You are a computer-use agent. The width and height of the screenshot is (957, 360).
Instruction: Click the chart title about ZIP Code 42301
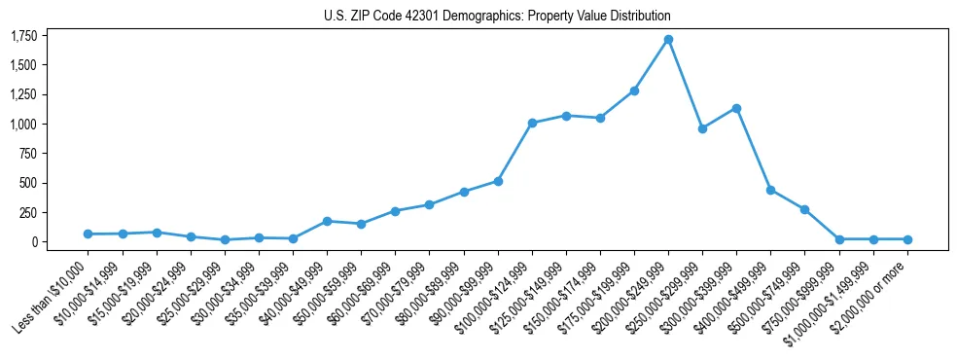point(497,17)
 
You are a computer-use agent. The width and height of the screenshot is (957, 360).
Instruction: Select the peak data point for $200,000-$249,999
point(668,40)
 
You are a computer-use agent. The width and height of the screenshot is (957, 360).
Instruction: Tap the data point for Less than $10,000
point(89,234)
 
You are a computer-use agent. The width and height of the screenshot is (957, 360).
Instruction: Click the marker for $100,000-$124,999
point(532,123)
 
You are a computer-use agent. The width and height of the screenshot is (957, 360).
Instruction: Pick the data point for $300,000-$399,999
point(736,108)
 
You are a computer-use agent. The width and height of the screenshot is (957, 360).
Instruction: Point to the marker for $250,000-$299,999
point(702,128)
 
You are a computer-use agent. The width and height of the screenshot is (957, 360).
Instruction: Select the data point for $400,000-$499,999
point(770,190)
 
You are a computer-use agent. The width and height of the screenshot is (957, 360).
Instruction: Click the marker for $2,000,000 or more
point(906,239)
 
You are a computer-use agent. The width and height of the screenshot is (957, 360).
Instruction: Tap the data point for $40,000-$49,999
point(327,221)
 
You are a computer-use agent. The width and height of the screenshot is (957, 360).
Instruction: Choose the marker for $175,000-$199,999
point(634,90)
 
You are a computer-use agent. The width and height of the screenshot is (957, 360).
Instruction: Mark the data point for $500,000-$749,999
point(804,209)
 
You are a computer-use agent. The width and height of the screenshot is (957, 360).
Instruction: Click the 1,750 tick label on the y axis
point(23,36)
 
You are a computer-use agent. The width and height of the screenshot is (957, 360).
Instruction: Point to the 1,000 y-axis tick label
point(23,125)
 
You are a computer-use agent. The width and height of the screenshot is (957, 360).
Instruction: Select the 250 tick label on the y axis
point(27,212)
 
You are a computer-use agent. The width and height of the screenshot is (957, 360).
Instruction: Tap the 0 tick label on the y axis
point(34,241)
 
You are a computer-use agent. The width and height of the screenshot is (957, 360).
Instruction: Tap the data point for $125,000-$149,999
point(566,116)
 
